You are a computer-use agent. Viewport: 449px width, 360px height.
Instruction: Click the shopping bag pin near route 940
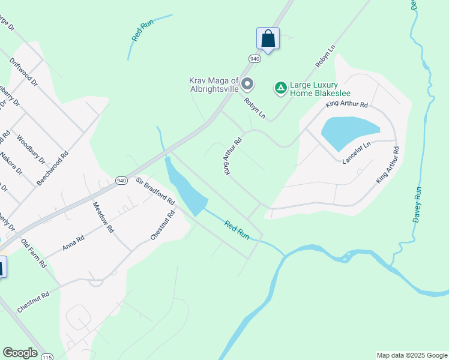268,39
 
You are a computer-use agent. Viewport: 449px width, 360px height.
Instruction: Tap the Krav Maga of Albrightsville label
214,85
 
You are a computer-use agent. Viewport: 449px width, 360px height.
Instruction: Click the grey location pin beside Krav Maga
247,85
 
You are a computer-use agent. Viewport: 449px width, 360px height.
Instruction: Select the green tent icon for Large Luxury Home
280,88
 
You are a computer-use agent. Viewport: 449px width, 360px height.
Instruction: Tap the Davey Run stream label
418,205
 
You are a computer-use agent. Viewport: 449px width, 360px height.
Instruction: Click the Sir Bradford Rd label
155,191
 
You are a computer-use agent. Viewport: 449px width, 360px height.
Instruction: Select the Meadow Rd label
103,217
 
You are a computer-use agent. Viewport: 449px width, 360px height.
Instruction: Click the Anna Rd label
74,243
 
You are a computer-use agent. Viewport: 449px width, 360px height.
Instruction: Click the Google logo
20,353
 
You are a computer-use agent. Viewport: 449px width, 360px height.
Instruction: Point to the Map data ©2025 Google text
412,355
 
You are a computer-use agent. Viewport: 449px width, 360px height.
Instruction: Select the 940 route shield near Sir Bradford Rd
122,180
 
